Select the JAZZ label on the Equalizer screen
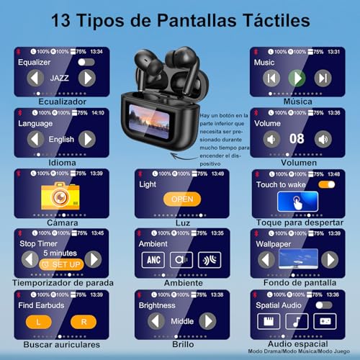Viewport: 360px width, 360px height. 59,78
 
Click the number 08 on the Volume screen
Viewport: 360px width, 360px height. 297,138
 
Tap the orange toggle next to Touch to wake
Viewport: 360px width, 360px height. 326,184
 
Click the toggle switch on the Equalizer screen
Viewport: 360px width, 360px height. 87,63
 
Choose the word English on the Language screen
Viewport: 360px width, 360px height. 60,139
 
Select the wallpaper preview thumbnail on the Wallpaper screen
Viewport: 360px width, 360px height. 298,258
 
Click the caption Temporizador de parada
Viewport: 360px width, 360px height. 60,282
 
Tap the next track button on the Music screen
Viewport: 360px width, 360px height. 323,78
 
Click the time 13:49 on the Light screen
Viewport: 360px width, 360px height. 217,173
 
